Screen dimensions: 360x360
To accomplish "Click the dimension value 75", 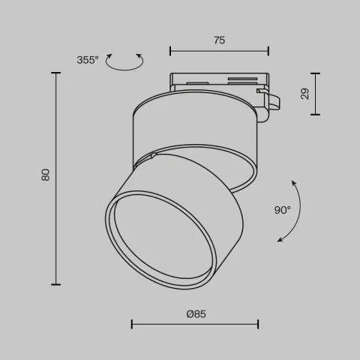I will [219, 40].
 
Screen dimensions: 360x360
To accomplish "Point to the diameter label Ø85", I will [196, 313].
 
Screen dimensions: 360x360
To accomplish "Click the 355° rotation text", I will [87, 60].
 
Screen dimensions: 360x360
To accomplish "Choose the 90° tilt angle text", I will [282, 210].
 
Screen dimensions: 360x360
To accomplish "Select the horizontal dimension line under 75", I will [219, 51].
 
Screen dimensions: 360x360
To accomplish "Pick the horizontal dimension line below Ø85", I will [195, 324].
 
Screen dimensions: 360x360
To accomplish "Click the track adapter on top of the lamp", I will [217, 81].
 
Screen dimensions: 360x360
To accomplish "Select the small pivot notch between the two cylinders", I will [153, 156].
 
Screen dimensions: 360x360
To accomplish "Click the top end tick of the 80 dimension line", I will [56, 73].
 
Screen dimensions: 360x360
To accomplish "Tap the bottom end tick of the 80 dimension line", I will [56, 284].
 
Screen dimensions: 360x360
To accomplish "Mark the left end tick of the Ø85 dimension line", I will [132, 324].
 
